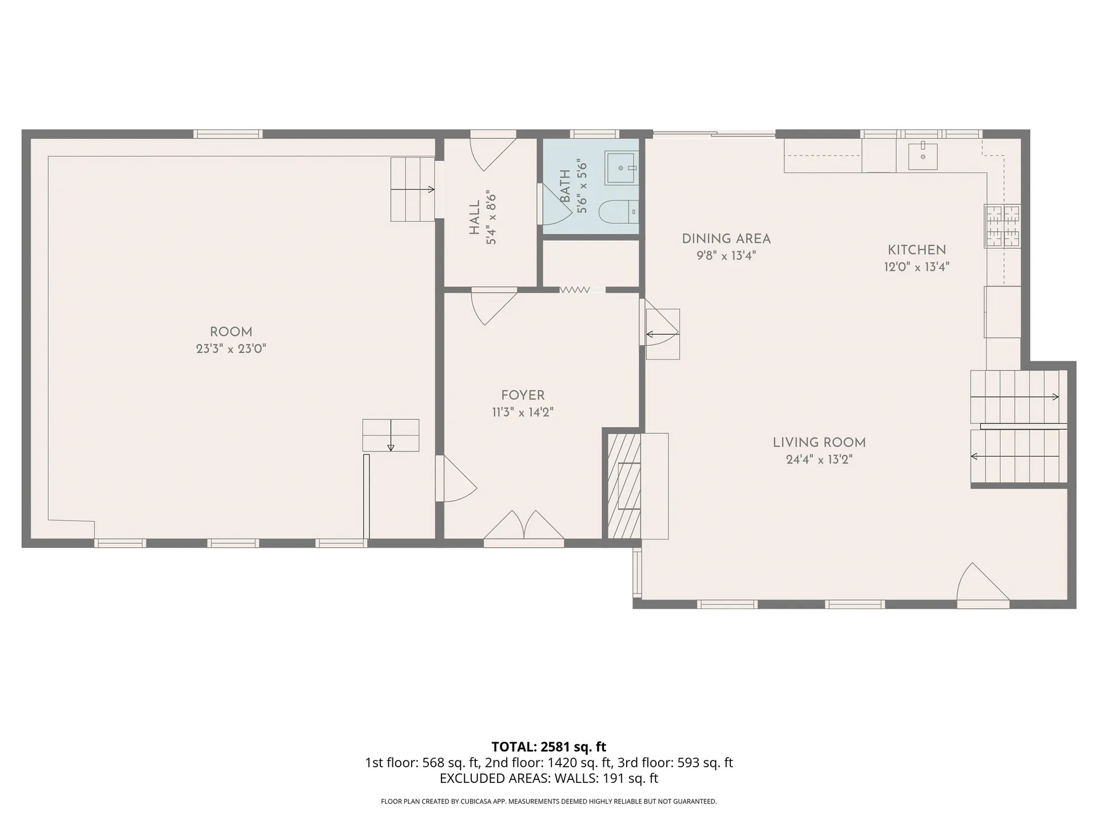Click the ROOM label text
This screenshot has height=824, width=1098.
coord(231,332)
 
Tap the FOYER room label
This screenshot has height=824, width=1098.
coord(523,395)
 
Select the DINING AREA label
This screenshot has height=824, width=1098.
coord(726,239)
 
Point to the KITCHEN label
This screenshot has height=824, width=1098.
coord(917,249)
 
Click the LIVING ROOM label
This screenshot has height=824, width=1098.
coord(819,442)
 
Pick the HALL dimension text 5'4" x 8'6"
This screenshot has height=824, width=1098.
coord(491,218)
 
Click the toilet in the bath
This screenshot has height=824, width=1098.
coord(618,212)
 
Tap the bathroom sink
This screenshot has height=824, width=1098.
coord(622,168)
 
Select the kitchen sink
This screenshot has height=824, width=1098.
coord(923,156)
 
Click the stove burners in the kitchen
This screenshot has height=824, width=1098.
coord(1002,226)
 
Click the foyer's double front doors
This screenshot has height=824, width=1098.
coord(524,525)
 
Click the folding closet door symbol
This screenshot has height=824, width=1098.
coord(575,290)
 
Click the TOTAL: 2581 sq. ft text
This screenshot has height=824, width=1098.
coord(548,747)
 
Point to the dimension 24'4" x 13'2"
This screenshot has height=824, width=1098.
coord(819,459)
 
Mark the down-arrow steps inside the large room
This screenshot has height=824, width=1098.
coord(391,435)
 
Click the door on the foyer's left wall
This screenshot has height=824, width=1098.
coord(455,478)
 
